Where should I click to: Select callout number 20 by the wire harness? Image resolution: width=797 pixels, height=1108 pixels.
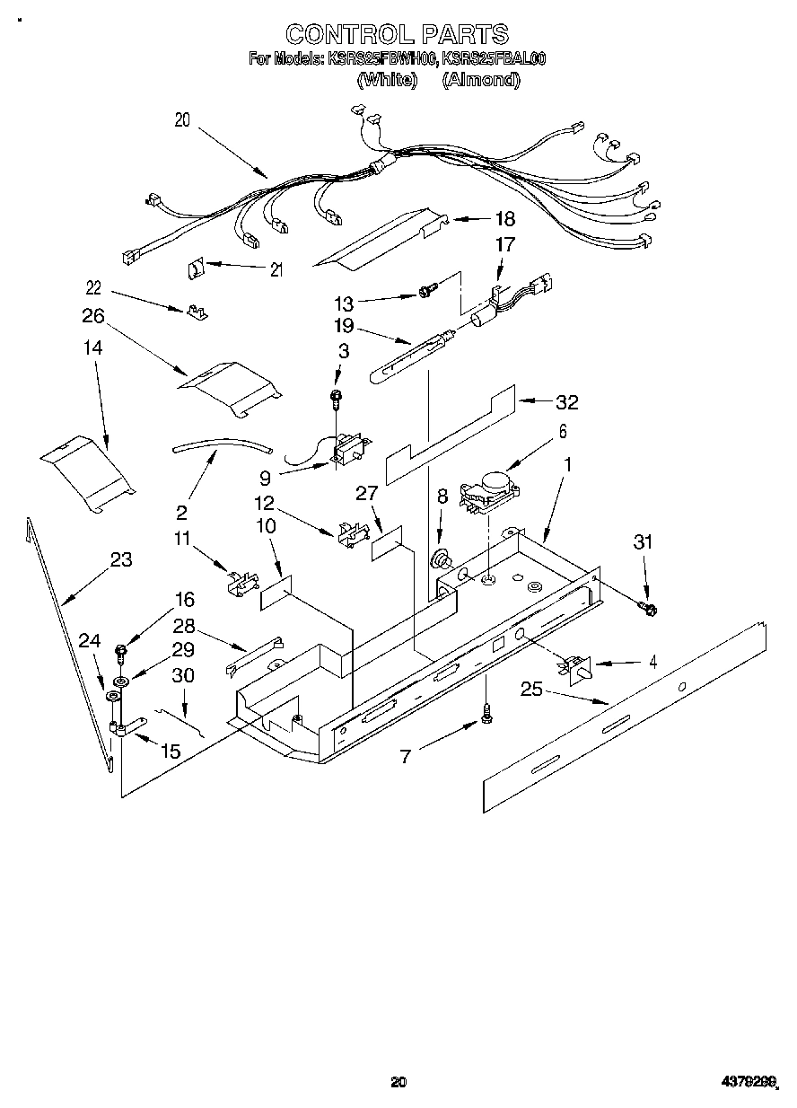183,121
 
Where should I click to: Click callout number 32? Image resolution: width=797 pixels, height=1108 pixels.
567,402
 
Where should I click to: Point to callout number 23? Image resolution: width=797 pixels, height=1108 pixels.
121,560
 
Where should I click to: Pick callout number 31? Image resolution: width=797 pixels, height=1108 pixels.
642,541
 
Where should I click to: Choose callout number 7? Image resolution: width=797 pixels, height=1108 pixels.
406,756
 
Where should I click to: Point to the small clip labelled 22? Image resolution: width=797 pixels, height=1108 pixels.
197,312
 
